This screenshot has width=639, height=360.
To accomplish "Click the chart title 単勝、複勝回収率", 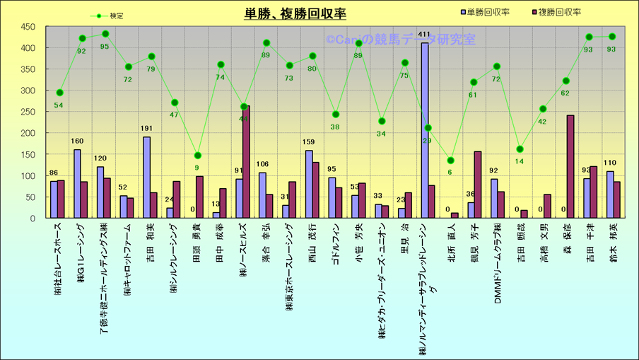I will point(295,13).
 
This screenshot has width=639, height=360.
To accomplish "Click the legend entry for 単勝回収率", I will point(487,12).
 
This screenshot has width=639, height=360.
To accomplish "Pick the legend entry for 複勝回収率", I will point(559,12).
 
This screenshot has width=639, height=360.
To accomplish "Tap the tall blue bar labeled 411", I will point(425,131).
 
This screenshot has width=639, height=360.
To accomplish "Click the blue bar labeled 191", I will point(147,178).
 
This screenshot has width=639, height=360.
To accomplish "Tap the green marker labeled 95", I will point(105,34).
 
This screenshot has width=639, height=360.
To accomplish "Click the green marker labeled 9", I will point(198,156).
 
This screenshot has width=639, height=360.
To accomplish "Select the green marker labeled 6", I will point(451,161).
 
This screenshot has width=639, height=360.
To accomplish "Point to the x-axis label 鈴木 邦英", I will point(613,245).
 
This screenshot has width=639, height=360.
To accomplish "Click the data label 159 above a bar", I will point(309,143).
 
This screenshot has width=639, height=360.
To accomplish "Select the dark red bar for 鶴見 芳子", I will point(477,185).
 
